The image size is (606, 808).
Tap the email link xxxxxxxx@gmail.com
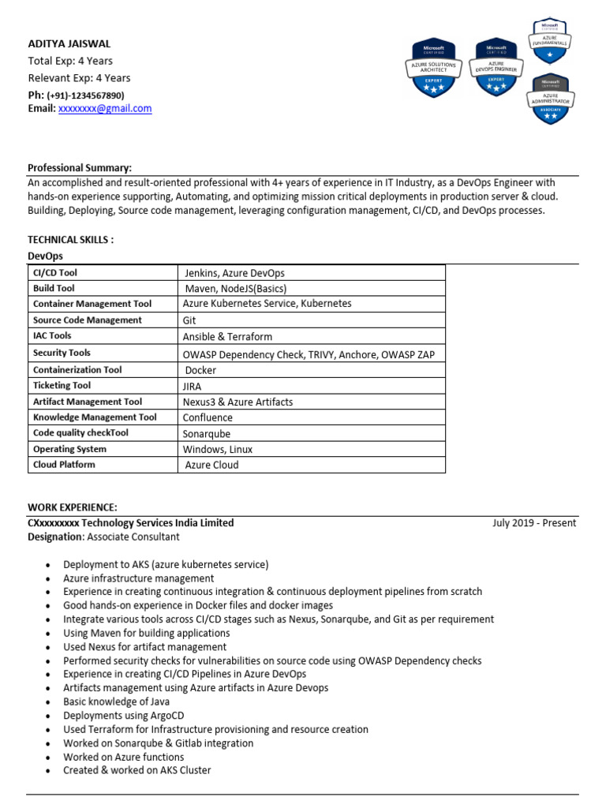click(x=104, y=109)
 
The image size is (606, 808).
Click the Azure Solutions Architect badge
click(x=430, y=69)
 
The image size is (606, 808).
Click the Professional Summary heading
click(x=80, y=168)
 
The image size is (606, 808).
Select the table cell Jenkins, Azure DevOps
click(x=234, y=273)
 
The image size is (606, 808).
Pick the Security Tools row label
click(x=62, y=353)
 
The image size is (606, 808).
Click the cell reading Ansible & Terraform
click(x=227, y=337)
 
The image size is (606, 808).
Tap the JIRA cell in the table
click(x=192, y=386)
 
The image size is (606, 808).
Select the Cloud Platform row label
click(x=64, y=465)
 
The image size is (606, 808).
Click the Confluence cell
click(x=208, y=417)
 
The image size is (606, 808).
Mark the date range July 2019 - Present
click(x=534, y=523)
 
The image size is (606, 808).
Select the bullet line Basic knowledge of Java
click(x=116, y=701)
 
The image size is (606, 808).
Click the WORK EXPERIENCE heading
click(x=73, y=507)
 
